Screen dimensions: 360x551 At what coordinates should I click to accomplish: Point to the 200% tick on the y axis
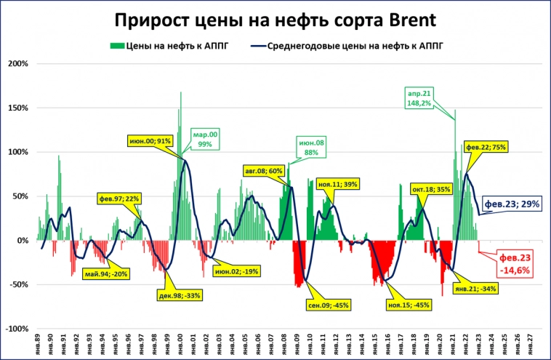tap(17, 64)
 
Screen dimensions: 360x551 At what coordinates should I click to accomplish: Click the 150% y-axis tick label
tap(17, 108)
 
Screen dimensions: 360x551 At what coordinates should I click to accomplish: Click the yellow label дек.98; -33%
tap(179, 295)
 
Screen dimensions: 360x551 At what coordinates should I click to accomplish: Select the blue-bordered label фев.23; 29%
tap(512, 204)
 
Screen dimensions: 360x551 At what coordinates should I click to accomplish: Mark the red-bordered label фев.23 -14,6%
tap(513, 263)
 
